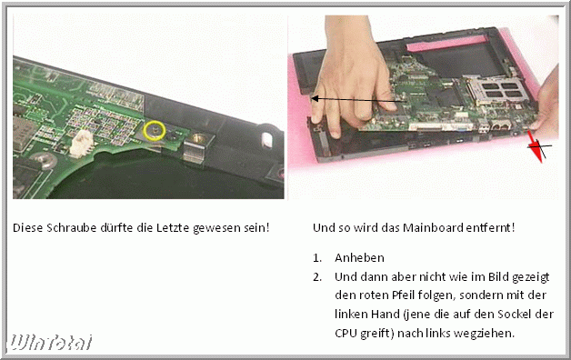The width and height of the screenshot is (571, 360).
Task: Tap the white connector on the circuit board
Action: [81, 143]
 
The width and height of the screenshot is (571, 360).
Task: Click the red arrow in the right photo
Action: [535, 146]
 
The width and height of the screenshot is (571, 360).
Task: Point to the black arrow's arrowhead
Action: [316, 98]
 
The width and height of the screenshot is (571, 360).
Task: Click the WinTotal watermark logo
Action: [50, 343]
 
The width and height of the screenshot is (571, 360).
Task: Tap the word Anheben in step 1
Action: [359, 257]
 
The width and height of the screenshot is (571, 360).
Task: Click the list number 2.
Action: [316, 277]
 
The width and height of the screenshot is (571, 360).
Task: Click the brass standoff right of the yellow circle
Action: [199, 137]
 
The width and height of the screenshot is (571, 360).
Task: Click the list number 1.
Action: [316, 258]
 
